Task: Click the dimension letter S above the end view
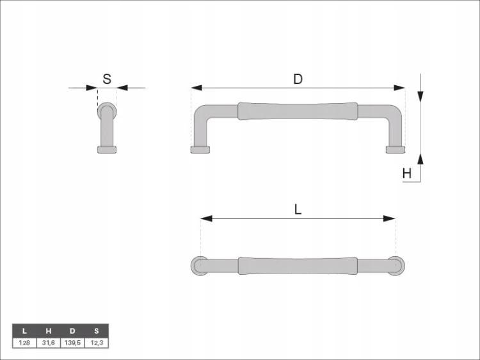point(107,79)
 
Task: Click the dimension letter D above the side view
point(298,79)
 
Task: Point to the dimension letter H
point(407,174)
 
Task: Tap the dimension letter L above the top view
point(298,210)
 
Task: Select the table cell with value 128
point(24,343)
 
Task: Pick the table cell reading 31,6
point(49,343)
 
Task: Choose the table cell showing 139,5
point(72,343)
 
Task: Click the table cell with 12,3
point(97,343)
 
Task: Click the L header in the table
point(24,331)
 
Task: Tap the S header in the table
point(97,331)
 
